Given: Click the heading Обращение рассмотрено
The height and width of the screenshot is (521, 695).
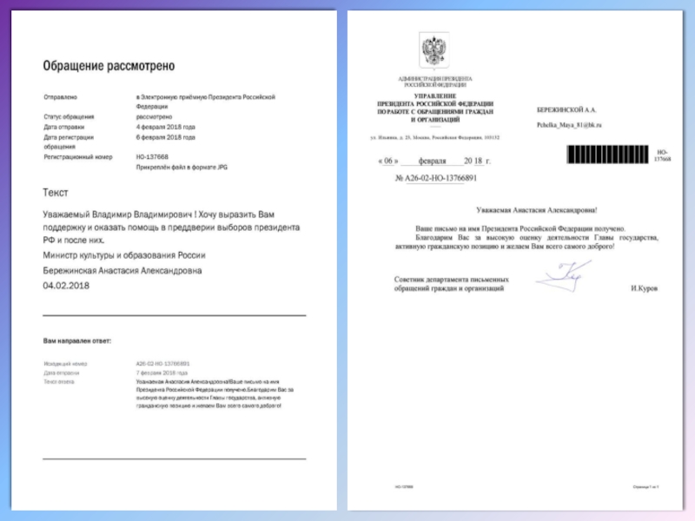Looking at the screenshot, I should pos(109,65).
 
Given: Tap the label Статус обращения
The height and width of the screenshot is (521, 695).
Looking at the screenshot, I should pos(69,116).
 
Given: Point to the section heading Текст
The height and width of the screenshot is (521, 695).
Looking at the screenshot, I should pos(56,193).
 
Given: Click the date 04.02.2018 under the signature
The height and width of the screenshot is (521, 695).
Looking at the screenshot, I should pos(67,285).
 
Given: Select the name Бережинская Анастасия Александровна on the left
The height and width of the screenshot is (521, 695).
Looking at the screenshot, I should pos(122,270).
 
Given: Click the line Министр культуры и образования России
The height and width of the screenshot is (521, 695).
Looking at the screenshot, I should pos(124,255).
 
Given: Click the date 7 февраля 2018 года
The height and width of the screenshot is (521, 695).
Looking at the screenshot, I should pos(162,372).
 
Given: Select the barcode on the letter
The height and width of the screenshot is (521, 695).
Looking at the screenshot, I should pos(608,155).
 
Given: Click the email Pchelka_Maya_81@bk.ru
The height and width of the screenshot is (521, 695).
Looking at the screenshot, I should pos(569,126).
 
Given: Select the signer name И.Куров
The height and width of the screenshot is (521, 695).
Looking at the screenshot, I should pos(645,287).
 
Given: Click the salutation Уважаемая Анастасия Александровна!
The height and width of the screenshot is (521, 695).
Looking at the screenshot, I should pos(537,209).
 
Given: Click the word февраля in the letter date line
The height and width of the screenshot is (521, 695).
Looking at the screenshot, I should pos(431,162).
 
